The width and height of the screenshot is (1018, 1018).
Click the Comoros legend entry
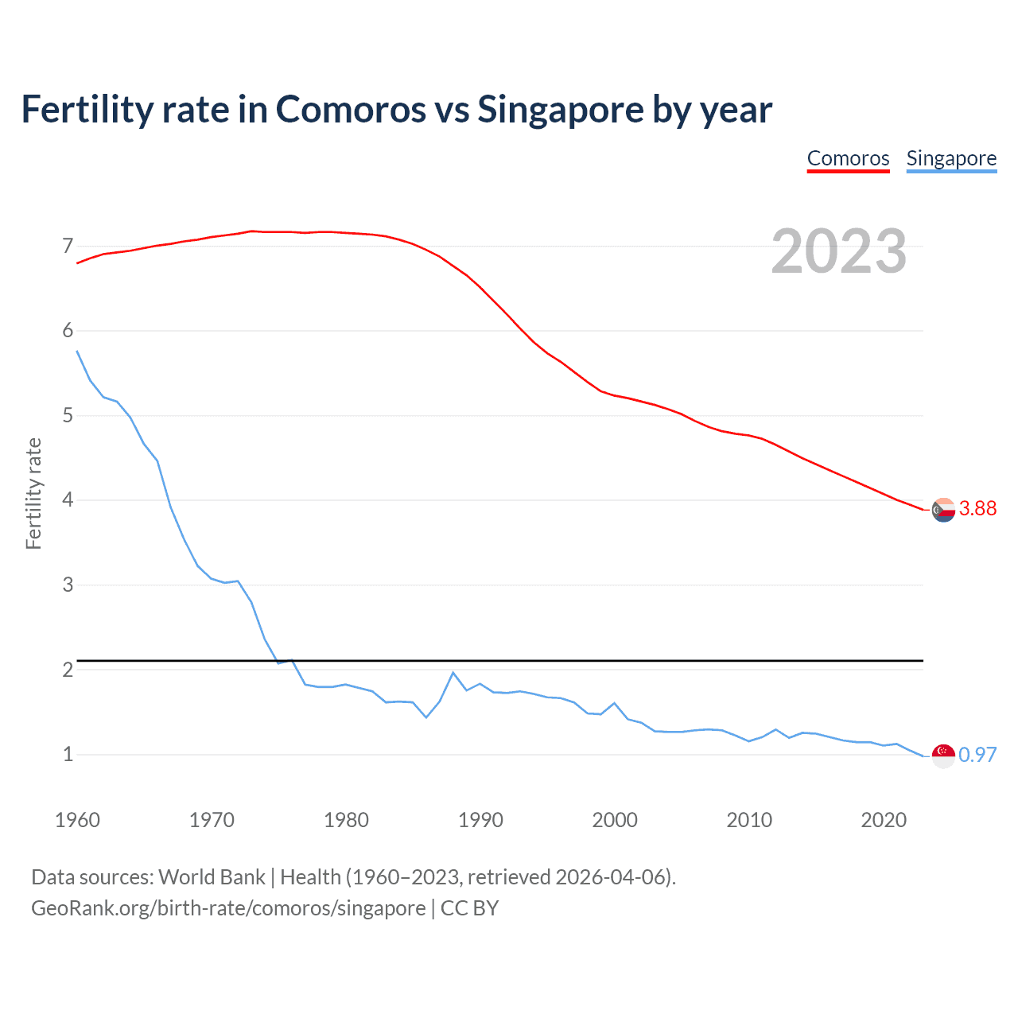(848, 158)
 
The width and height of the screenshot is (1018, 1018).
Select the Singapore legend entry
(951, 158)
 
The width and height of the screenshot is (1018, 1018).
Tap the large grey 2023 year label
(838, 251)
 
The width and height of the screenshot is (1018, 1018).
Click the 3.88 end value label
(977, 509)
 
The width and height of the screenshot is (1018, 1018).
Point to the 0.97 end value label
(977, 755)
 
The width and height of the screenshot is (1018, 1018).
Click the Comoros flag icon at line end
(943, 510)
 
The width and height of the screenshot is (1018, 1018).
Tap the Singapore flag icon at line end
(943, 756)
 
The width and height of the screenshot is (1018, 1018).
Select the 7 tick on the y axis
(68, 246)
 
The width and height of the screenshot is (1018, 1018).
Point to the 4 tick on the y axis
(68, 500)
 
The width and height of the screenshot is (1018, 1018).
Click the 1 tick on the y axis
(68, 755)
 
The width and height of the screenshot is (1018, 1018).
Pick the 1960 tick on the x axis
(77, 820)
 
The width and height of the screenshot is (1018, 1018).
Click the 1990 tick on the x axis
(480, 820)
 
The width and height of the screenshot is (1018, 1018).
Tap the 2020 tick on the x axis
(884, 820)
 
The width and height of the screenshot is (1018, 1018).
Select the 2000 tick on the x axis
(615, 820)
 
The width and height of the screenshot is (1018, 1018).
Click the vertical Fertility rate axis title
(33, 493)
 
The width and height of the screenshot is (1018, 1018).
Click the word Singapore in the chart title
(560, 110)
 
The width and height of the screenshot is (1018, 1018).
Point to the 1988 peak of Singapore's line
(453, 673)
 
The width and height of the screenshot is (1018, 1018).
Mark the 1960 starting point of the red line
(77, 262)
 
